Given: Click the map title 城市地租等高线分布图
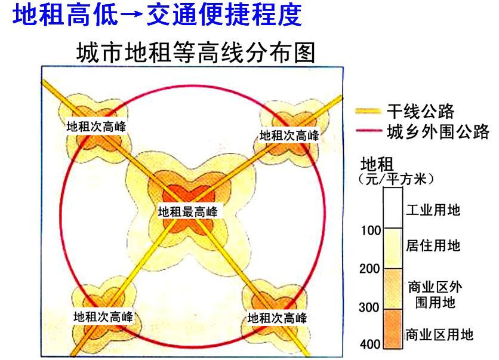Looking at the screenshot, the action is click(195, 53).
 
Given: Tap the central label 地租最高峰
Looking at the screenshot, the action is click(188, 211).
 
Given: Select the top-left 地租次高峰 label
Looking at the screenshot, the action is click(96, 127).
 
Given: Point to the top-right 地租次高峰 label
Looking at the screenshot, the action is click(289, 136).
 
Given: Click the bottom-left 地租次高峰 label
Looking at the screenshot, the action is click(103, 316).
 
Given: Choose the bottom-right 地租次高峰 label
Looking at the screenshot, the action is click(277, 317).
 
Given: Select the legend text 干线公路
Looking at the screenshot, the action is click(420, 111).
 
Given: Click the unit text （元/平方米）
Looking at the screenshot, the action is click(396, 178).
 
